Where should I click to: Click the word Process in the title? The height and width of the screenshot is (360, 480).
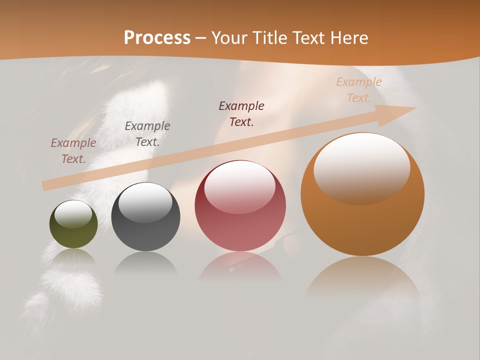point(157,38)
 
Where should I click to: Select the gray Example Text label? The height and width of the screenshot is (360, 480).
point(147,134)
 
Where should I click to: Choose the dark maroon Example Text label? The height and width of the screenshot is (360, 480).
point(241,114)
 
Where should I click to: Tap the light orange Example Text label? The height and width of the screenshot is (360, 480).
point(359,90)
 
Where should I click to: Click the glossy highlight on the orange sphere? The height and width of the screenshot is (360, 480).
point(361,168)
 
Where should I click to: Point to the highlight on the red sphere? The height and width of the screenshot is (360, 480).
point(239,187)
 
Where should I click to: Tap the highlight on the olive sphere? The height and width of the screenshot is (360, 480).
point(73,214)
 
